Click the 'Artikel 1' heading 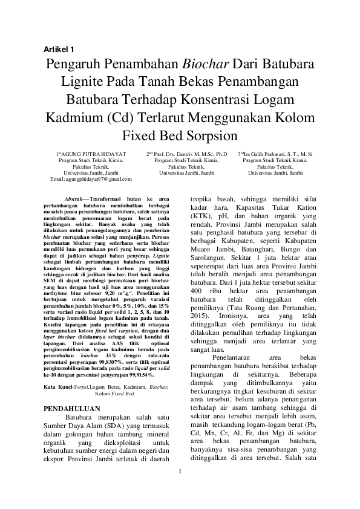(x=59, y=48)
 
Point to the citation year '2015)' (x=203, y=315)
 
